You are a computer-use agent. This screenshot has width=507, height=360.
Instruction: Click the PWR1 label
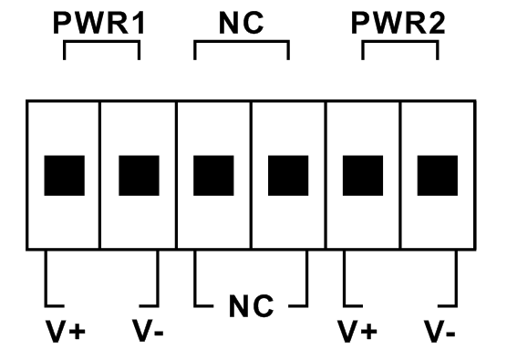click(99, 23)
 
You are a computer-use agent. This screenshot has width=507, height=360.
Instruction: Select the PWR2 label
click(398, 23)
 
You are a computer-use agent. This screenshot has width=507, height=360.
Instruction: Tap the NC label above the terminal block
click(242, 23)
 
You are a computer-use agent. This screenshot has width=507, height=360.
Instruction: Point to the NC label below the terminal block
click(252, 306)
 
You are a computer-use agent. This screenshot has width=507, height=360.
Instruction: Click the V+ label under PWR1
click(66, 331)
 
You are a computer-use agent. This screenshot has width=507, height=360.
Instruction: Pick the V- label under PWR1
click(148, 331)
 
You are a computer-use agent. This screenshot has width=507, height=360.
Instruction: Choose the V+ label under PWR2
click(357, 331)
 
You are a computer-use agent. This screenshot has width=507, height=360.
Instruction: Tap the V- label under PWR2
click(440, 331)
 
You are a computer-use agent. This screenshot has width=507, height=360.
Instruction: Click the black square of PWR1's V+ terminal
click(65, 176)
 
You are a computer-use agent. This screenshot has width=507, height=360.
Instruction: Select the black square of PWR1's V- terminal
click(139, 176)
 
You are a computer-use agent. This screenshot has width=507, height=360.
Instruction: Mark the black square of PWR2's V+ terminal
click(363, 176)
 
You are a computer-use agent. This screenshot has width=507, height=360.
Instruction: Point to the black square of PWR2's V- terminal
click(438, 176)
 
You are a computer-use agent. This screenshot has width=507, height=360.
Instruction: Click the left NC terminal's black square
click(213, 176)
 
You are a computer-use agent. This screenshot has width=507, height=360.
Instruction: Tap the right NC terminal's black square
click(288, 176)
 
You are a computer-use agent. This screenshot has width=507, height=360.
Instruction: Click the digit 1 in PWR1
click(140, 23)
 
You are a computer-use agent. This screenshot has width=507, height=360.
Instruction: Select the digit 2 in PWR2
click(438, 23)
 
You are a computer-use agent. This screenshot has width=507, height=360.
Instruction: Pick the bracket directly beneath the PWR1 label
click(101, 41)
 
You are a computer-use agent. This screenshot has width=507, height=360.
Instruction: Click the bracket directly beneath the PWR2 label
click(400, 41)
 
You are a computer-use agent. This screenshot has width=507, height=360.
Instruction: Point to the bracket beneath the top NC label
click(242, 41)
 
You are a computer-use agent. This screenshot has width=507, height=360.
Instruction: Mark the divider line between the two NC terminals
click(251, 175)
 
